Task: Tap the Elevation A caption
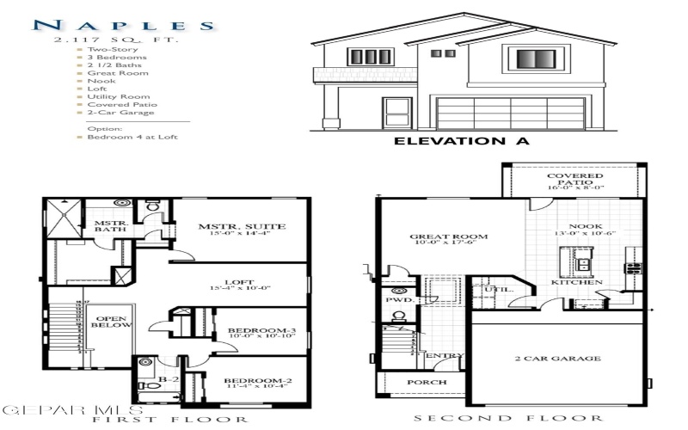pos(461,140)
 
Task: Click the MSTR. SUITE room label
pos(243,227)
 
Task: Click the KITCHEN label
pos(570,282)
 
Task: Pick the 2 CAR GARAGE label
pos(557,358)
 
